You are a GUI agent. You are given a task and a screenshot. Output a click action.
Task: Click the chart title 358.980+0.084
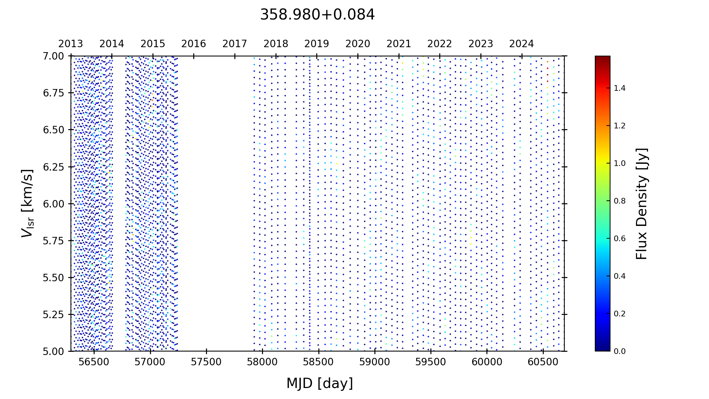pyautogui.click(x=317, y=15)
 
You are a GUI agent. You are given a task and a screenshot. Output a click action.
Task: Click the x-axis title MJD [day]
pyautogui.click(x=319, y=383)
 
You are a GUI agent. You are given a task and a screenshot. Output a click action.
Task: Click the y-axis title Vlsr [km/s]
pyautogui.click(x=27, y=203)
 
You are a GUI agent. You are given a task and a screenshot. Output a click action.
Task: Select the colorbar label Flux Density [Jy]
pyautogui.click(x=642, y=204)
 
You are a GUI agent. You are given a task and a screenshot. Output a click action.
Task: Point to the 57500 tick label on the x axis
pyautogui.click(x=206, y=362)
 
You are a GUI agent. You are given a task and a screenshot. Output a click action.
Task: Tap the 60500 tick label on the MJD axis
pyautogui.click(x=543, y=362)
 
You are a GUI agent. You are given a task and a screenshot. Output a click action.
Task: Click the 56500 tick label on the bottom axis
pyautogui.click(x=94, y=362)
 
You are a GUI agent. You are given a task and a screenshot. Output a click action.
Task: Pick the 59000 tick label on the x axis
pyautogui.click(x=374, y=362)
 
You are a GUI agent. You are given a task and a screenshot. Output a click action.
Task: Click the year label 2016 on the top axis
pyautogui.click(x=194, y=44)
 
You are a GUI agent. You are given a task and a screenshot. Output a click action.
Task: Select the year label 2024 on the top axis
pyautogui.click(x=521, y=44)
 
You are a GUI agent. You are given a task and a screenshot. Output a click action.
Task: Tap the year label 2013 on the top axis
pyautogui.click(x=71, y=44)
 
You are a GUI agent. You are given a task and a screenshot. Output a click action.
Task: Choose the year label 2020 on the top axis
pyautogui.click(x=358, y=44)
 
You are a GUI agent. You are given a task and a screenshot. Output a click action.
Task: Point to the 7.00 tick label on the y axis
pyautogui.click(x=54, y=56)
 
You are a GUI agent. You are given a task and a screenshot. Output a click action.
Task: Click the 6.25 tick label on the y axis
pyautogui.click(x=54, y=167)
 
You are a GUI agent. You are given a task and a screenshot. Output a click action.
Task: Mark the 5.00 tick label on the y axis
pyautogui.click(x=54, y=351)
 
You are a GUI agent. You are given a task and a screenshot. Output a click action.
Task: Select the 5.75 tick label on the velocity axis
pyautogui.click(x=54, y=241)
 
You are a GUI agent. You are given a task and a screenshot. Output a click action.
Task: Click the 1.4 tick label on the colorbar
pyautogui.click(x=620, y=88)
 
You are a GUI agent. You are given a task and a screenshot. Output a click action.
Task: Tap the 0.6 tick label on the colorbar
pyautogui.click(x=620, y=239)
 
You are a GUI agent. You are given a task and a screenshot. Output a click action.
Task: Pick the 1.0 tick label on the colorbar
pyautogui.click(x=620, y=164)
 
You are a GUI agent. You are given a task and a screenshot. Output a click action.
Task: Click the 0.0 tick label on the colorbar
pyautogui.click(x=620, y=351)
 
